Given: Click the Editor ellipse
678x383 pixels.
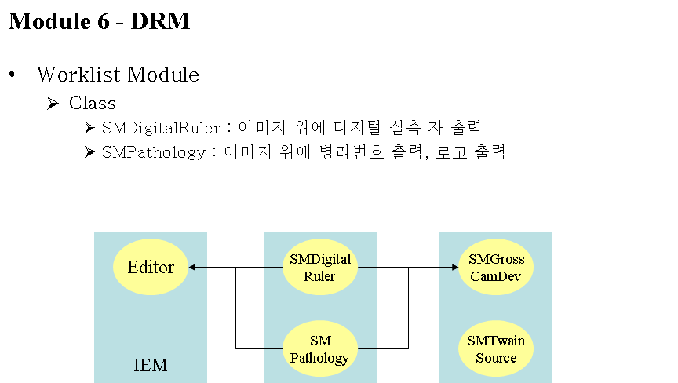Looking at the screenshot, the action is point(151,267).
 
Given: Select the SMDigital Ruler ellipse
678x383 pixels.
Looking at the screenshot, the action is point(320,267).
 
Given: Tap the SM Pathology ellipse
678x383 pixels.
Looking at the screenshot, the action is point(320,348).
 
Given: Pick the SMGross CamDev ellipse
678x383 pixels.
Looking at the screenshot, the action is point(496,267).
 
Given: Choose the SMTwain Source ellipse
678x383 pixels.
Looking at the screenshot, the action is point(496,348).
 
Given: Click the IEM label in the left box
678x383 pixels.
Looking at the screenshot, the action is point(151,365).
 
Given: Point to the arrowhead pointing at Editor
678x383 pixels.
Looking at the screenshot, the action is point(192,267).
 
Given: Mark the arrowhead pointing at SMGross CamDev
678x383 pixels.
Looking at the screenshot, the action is point(455,267).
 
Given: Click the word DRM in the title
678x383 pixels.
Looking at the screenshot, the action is point(160,20).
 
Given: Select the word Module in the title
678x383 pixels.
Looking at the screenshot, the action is point(49,20).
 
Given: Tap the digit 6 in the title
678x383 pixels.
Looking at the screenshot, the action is point(104,21).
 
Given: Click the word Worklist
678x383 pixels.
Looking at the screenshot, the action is point(78,75).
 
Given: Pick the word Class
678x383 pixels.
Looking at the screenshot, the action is point(93,103).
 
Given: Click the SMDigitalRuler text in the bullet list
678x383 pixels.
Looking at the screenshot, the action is point(161,128).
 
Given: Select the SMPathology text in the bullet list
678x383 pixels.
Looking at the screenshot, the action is point(154,152).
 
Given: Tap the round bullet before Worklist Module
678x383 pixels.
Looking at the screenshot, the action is point(12,75).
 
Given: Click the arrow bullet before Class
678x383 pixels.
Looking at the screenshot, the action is point(53,104).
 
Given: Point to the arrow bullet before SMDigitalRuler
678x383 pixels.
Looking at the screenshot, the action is point(89,127).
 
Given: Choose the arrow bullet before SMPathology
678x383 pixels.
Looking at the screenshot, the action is point(89,151).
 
